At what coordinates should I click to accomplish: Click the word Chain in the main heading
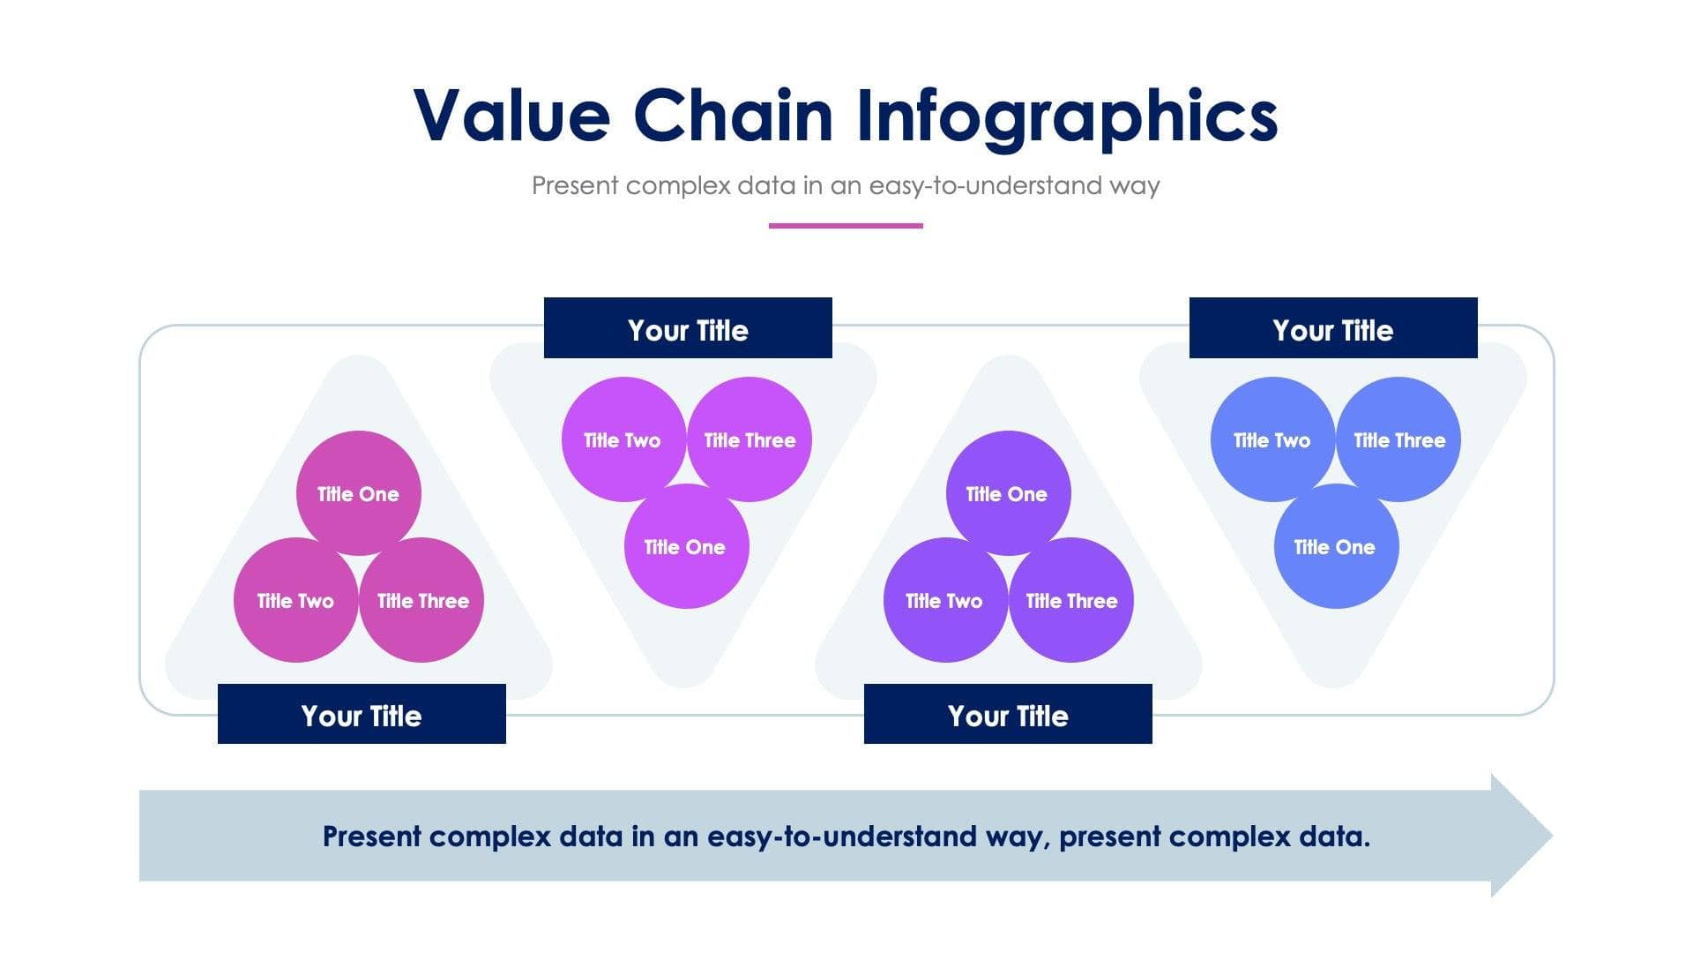pyautogui.click(x=733, y=116)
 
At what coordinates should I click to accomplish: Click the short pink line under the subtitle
pyautogui.click(x=846, y=226)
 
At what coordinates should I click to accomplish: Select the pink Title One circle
pyautogui.click(x=358, y=493)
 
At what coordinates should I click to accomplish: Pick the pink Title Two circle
pyautogui.click(x=295, y=601)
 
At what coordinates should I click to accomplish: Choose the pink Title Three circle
pyautogui.click(x=422, y=601)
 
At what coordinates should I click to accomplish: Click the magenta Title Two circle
pyautogui.click(x=623, y=439)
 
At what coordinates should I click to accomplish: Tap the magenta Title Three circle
pyautogui.click(x=750, y=439)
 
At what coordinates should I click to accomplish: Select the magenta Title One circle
pyautogui.click(x=685, y=547)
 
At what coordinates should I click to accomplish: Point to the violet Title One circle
pyautogui.click(x=1007, y=493)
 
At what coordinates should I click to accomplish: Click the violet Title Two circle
pyautogui.click(x=944, y=601)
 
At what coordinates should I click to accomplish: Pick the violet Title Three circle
pyautogui.click(x=1071, y=601)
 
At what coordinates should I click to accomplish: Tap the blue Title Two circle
pyautogui.click(x=1272, y=439)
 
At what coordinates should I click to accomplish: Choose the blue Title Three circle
pyautogui.click(x=1399, y=439)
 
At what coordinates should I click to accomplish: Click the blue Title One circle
pyautogui.click(x=1335, y=547)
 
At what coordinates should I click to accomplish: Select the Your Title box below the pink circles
pyautogui.click(x=362, y=714)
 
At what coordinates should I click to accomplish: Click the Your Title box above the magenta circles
pyautogui.click(x=688, y=328)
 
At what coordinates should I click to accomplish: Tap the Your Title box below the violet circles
pyautogui.click(x=1008, y=714)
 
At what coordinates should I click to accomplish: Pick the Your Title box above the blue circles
pyautogui.click(x=1333, y=328)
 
